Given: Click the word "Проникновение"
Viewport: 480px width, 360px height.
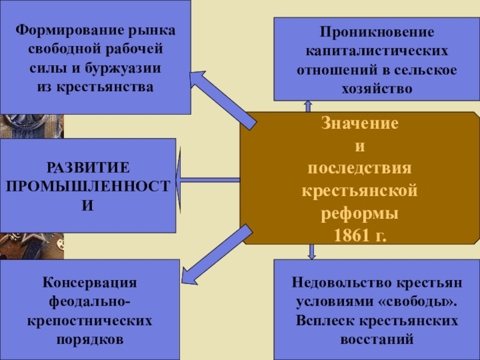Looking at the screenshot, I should [x=376, y=31].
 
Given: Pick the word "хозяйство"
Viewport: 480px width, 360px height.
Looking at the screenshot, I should [x=376, y=88].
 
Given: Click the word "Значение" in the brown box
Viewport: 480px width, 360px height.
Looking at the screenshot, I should [x=360, y=125].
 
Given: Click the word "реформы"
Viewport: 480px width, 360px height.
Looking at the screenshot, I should [x=360, y=213].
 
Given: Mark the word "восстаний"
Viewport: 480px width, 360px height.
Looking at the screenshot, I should [x=376, y=340].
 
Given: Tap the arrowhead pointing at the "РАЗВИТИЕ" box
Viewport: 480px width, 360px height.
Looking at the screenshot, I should [x=181, y=179].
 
